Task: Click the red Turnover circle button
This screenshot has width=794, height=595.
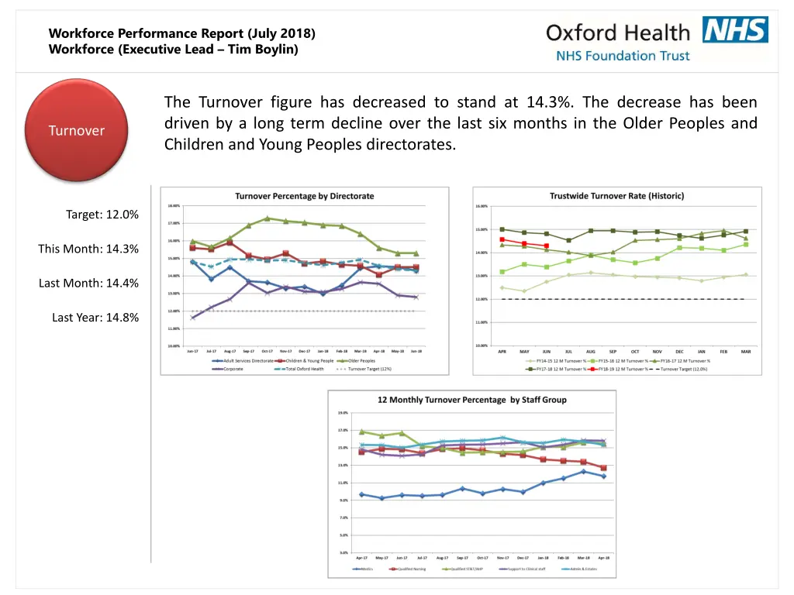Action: pos(77,130)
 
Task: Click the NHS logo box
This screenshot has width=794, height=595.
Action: pos(735,29)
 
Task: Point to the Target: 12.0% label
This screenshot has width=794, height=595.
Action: pos(102,215)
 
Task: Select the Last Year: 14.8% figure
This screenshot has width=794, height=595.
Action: pos(95,317)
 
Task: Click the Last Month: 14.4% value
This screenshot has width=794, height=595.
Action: pos(89,283)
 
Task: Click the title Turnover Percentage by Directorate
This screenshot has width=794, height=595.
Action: pos(305,196)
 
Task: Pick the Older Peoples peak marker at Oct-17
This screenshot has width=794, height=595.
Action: pos(268,218)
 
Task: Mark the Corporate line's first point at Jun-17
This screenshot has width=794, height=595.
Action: pos(193,318)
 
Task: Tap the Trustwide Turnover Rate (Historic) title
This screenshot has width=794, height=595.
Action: pos(616,196)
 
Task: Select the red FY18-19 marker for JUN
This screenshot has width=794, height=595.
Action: pos(547,246)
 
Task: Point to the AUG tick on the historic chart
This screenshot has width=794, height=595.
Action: pos(591,351)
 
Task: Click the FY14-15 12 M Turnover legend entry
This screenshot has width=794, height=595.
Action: pos(558,360)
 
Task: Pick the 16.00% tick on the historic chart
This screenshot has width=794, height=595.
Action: pos(482,206)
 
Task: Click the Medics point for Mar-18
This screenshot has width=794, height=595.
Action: pos(584,471)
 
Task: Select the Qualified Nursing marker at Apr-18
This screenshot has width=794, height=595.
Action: pos(603,468)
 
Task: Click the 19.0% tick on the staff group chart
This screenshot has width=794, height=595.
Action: pos(342,413)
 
